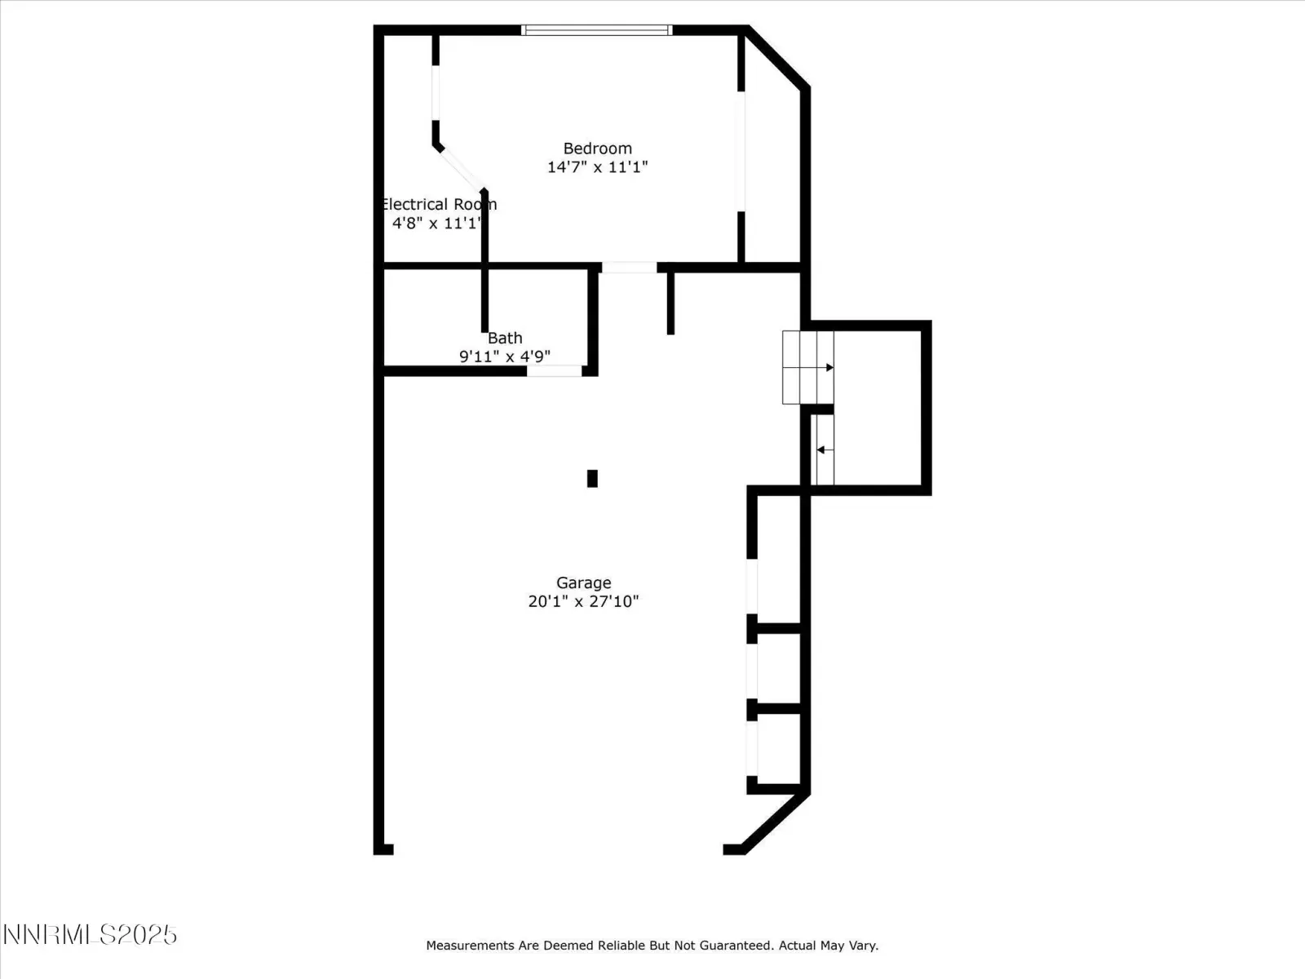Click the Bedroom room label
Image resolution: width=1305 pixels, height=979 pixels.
pos(598,148)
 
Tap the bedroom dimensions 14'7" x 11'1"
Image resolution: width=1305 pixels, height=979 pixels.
pos(598,167)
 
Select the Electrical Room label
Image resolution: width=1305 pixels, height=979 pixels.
pos(439,205)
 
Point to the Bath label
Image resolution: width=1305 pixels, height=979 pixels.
pos(505,339)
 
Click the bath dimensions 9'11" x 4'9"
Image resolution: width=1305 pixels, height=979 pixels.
pos(505,357)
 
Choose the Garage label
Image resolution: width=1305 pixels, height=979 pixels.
pos(583,583)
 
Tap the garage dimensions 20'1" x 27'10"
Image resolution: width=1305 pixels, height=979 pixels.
pos(583,601)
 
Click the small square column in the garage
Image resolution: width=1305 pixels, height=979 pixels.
pos(592,479)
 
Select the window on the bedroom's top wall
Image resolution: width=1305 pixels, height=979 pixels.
pos(597,30)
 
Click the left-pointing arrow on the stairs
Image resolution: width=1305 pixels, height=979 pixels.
pos(825,450)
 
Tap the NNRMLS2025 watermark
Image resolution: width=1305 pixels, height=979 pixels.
pos(90,935)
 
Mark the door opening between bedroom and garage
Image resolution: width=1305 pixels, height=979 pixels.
pos(630,268)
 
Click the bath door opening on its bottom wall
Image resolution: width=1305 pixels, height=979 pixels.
pos(554,371)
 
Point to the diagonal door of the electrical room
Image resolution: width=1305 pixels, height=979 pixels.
pos(462,170)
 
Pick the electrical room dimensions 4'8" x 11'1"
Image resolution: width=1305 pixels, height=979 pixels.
pos(436,223)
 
